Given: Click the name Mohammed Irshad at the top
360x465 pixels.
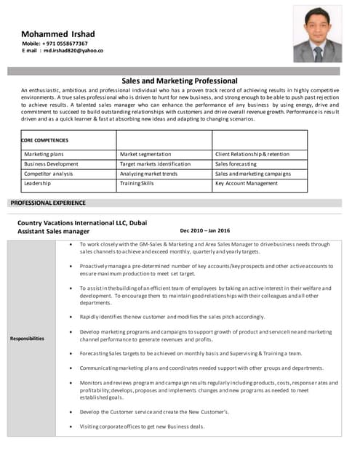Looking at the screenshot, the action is coord(57,33).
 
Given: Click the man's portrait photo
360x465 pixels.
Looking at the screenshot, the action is coord(318,34).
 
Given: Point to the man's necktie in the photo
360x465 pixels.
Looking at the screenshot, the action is coord(318,53).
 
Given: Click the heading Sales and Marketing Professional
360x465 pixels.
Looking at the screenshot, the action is coord(179,81).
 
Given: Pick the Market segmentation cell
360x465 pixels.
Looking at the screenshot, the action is coord(145,154).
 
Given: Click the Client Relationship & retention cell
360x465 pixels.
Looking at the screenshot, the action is coord(252,154).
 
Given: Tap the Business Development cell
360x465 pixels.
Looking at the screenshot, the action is coord(51,164).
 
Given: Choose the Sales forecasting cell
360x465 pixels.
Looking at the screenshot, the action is coord(236,164).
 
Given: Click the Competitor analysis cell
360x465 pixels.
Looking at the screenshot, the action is coord(49,174).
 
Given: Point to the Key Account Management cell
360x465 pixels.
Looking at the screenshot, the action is coord(247,183).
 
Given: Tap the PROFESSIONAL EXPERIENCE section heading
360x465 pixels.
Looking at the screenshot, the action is coord(48,203).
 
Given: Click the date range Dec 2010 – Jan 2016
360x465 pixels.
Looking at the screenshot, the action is coord(204,230).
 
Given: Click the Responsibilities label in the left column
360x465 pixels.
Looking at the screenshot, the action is coord(27,339).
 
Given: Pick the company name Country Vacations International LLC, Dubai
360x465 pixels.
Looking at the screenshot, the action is coord(81,221).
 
